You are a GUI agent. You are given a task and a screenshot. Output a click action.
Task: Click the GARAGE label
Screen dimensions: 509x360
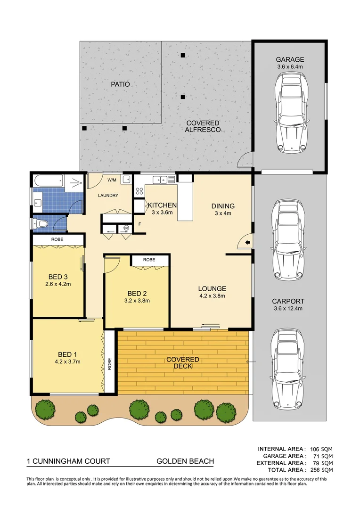coord(290,59)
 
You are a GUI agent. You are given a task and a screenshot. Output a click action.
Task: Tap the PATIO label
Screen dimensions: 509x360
coord(120,84)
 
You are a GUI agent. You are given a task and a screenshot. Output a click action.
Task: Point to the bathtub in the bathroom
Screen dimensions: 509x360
coord(48,180)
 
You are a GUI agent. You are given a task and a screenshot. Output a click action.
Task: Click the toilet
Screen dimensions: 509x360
coord(42,224)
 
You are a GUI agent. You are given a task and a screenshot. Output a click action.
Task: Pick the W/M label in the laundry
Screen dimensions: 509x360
coord(112,180)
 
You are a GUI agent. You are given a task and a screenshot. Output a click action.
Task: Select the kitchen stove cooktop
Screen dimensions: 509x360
coord(139,191)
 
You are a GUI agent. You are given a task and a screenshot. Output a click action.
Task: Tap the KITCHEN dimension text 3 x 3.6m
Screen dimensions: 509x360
coord(162,213)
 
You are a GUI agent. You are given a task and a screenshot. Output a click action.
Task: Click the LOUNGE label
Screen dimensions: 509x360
coord(212,288)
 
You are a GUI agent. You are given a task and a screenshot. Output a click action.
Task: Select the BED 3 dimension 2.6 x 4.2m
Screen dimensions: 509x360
coord(58,284)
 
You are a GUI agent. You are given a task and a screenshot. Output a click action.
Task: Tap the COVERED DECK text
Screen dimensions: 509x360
coord(183,362)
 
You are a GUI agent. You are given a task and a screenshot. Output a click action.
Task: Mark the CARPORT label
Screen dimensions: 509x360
coord(288,301)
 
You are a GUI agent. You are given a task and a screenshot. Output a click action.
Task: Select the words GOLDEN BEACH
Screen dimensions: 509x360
coord(185,461)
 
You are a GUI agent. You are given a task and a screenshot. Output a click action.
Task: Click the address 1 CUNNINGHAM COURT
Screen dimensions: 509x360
coord(65,461)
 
